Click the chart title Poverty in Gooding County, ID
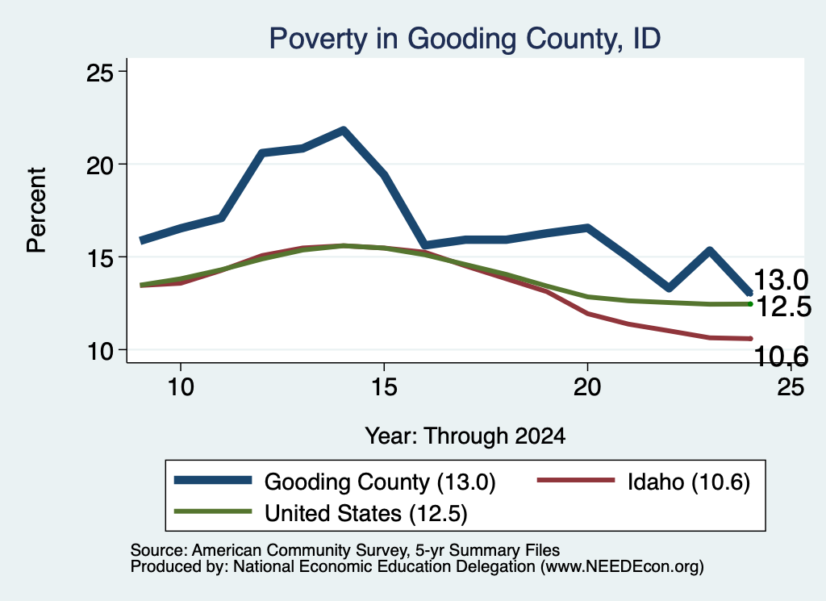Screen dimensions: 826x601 pyautogui.click(x=465, y=39)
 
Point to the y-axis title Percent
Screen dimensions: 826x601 pyautogui.click(x=37, y=211)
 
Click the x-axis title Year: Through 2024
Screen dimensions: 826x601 pyautogui.click(x=465, y=436)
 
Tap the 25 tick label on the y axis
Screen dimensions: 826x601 pyautogui.click(x=99, y=72)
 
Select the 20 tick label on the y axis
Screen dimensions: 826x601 pyautogui.click(x=99, y=165)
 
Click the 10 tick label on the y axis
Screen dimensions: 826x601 pyautogui.click(x=99, y=350)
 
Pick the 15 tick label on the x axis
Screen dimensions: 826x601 pyautogui.click(x=384, y=388)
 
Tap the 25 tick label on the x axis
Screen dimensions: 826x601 pyautogui.click(x=791, y=388)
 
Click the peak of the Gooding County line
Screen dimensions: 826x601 pyautogui.click(x=344, y=130)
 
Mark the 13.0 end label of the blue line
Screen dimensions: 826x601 pyautogui.click(x=781, y=280)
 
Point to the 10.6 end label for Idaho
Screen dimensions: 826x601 pyautogui.click(x=781, y=357)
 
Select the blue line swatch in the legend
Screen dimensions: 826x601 pyautogui.click(x=213, y=480)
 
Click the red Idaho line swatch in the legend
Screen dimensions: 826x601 pyautogui.click(x=576, y=480)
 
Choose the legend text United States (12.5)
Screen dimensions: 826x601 pyautogui.click(x=365, y=514)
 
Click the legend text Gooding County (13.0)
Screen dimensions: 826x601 pyautogui.click(x=380, y=482)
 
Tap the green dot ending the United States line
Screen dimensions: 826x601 pyautogui.click(x=750, y=304)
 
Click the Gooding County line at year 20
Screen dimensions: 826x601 pyautogui.click(x=587, y=227)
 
